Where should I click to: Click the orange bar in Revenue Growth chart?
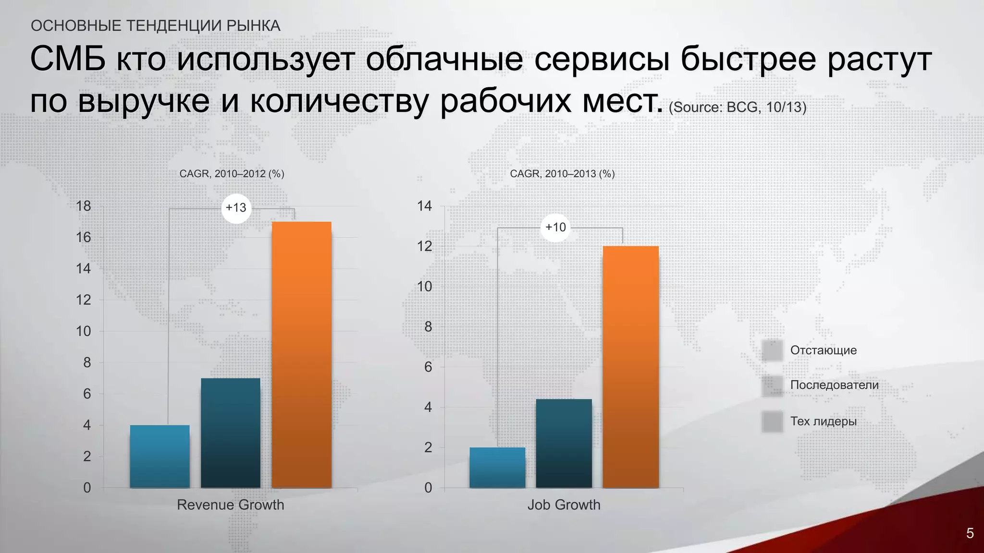(301, 355)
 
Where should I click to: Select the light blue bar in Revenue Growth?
(160, 456)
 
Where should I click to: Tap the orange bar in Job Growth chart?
(630, 367)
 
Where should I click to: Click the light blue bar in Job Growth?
(497, 468)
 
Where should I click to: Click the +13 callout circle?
(236, 208)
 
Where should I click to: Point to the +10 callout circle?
(555, 227)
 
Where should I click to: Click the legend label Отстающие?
(823, 350)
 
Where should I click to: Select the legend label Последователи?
(834, 385)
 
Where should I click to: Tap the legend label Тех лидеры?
(823, 421)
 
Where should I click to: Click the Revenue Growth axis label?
(231, 505)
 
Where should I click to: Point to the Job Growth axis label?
(564, 505)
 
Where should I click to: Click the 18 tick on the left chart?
(84, 206)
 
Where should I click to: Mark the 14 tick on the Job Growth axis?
(425, 206)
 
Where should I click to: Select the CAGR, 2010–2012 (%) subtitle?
(232, 174)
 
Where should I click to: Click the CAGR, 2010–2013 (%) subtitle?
(562, 174)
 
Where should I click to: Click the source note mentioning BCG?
(737, 107)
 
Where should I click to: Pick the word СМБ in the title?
(67, 60)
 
